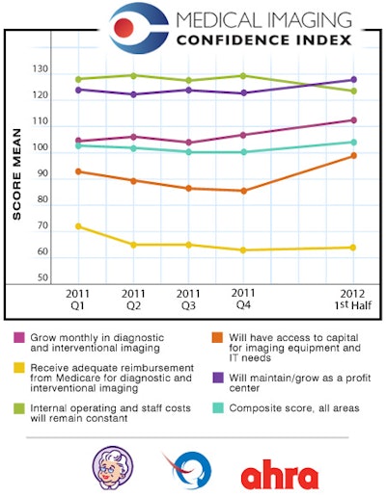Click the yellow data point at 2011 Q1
[x=78, y=226]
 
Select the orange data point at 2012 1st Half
[x=354, y=155]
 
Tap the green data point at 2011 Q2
[x=133, y=75]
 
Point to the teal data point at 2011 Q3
[x=188, y=152]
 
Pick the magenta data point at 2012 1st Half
[x=354, y=120]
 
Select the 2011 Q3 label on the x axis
[x=188, y=299]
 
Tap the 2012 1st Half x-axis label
[x=353, y=299]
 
